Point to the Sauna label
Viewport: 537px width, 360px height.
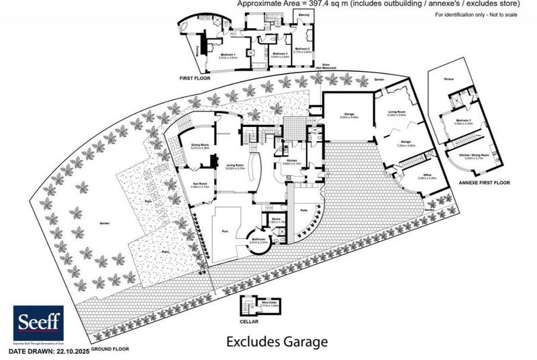point(275,220)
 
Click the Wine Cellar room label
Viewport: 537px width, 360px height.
point(271,303)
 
